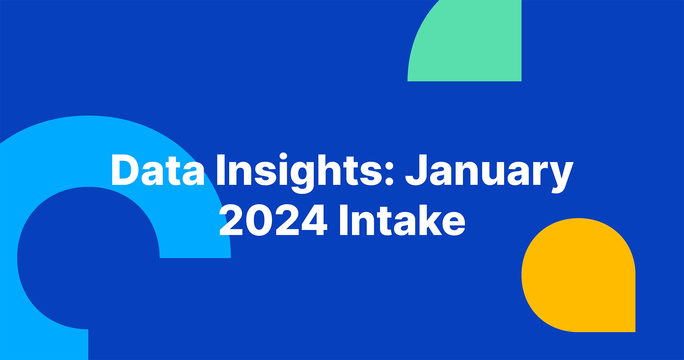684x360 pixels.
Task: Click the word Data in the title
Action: point(158,170)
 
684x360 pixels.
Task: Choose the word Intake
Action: point(402,220)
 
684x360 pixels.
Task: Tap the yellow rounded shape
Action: point(579,275)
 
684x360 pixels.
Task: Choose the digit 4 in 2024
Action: point(314,220)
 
